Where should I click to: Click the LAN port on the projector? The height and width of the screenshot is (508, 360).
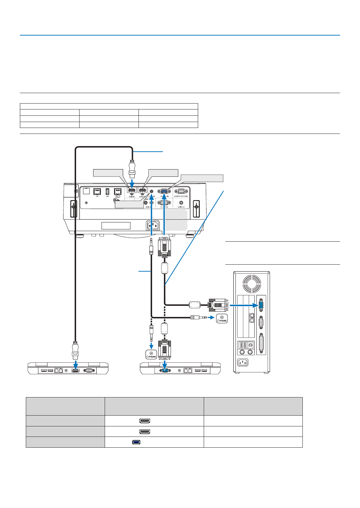tap(97, 191)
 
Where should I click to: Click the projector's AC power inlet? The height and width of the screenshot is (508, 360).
tap(152, 225)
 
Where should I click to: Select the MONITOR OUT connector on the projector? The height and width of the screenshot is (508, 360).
tap(181, 191)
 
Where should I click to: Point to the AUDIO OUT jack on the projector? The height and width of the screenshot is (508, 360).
tap(181, 203)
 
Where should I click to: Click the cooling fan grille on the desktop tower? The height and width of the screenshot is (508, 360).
tap(252, 283)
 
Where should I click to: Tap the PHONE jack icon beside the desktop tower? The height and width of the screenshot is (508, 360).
tap(222, 318)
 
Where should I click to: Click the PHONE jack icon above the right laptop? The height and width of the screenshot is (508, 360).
tap(151, 355)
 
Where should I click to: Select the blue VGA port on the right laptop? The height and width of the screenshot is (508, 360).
tap(165, 370)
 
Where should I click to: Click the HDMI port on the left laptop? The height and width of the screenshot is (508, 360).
tap(75, 370)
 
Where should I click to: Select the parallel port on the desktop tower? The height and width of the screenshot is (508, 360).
tap(261, 343)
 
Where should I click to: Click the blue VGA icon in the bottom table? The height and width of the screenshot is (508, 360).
tap(136, 442)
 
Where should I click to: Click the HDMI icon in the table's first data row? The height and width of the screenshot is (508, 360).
tap(145, 421)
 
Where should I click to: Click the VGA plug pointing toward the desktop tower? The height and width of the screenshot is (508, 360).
tap(218, 305)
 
